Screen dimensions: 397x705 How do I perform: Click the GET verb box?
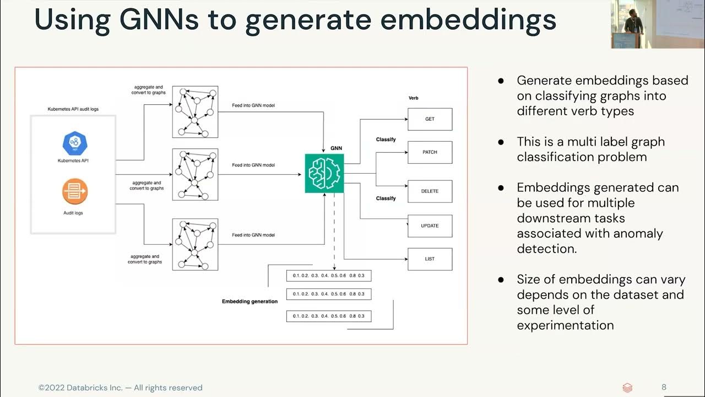tap(430, 119)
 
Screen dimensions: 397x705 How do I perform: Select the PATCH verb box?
tap(430, 152)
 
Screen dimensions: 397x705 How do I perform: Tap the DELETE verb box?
tap(430, 191)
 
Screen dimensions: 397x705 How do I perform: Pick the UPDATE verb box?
tap(430, 226)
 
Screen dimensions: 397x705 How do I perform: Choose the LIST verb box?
tap(430, 259)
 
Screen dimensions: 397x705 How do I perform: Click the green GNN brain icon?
tap(324, 173)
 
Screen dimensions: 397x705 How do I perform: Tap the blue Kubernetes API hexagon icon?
tap(75, 143)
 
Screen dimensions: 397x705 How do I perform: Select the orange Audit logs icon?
tap(75, 191)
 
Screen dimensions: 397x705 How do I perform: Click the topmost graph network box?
tap(195, 112)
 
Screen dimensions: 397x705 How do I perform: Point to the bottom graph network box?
tap(195, 244)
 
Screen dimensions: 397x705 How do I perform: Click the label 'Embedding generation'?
tap(250, 302)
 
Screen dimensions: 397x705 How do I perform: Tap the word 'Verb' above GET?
tap(413, 98)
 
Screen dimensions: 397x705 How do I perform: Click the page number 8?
tap(664, 387)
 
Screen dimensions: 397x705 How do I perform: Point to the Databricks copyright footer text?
tap(120, 388)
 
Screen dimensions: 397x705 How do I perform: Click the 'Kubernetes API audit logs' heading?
tap(73, 110)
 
